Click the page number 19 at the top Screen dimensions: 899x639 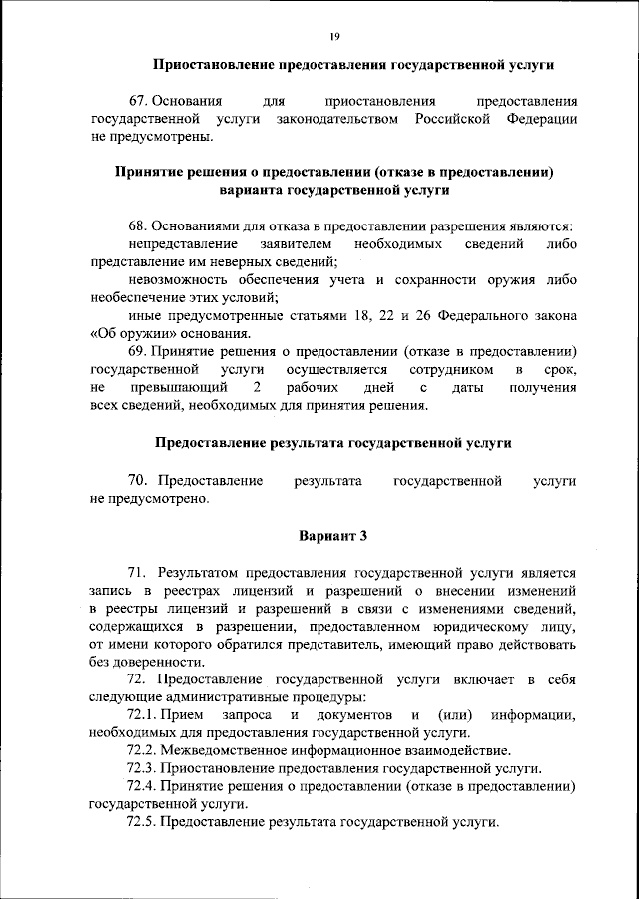334,36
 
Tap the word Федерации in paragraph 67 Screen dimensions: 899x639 541,119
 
